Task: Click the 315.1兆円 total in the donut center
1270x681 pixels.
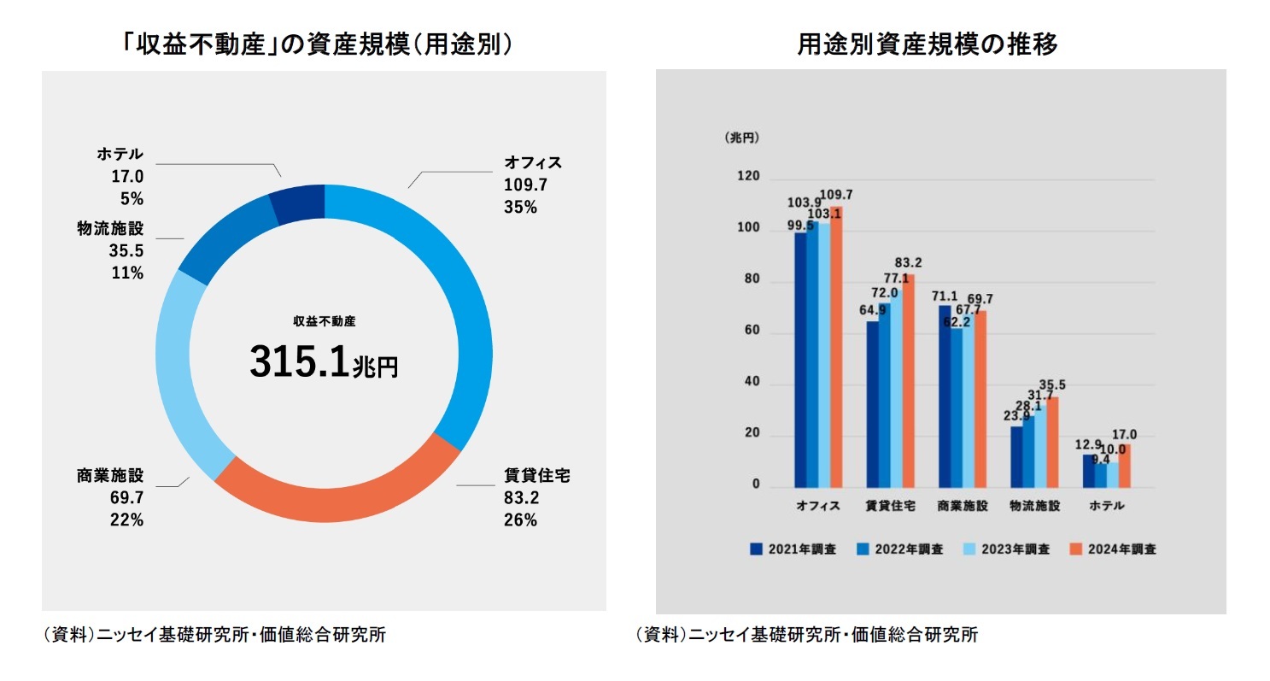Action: pyautogui.click(x=324, y=362)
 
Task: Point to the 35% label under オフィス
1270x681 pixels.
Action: pyautogui.click(x=520, y=206)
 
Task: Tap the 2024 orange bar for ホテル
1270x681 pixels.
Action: pyautogui.click(x=1124, y=466)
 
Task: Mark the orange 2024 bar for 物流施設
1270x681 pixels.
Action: pyautogui.click(x=1052, y=442)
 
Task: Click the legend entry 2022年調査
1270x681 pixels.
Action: pyautogui.click(x=902, y=549)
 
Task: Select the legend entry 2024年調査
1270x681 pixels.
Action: pyautogui.click(x=1115, y=549)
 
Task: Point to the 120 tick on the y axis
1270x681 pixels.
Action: pyautogui.click(x=747, y=177)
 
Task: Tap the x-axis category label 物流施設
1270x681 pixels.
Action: pyautogui.click(x=1034, y=506)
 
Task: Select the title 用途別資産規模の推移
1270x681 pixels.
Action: pyautogui.click(x=928, y=44)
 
